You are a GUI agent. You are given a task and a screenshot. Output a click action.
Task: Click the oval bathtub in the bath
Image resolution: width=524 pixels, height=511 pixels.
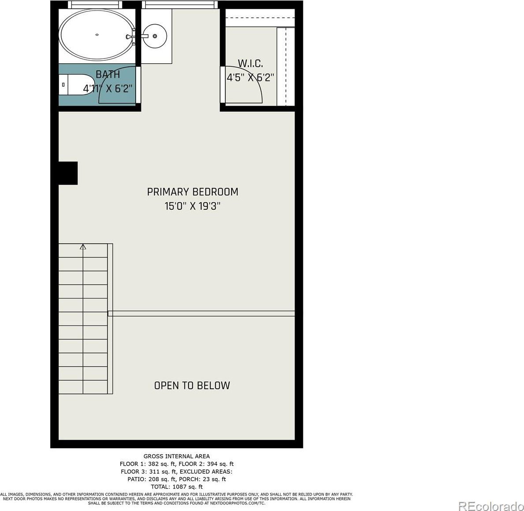coord(97,35)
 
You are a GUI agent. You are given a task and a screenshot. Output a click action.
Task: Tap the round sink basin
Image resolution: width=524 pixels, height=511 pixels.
coord(154,36)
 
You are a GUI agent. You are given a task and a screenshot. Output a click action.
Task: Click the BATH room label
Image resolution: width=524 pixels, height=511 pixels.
coord(107,74)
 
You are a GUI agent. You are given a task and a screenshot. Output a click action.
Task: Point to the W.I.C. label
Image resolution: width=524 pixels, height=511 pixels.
coord(250,63)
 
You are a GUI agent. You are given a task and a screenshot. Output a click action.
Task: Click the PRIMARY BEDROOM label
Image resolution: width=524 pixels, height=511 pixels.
coord(192,192)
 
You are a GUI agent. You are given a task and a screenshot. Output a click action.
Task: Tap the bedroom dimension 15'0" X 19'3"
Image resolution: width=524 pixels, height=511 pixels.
coord(192,206)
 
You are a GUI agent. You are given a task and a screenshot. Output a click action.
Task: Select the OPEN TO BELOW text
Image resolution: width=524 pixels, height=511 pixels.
coord(192,386)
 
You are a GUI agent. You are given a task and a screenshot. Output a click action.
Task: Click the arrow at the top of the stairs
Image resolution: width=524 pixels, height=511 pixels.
coord(83,247)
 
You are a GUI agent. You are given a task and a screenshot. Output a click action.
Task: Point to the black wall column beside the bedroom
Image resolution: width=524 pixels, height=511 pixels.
coord(68,173)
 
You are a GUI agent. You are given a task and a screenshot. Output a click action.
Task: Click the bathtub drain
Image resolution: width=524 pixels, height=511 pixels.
coord(97,34)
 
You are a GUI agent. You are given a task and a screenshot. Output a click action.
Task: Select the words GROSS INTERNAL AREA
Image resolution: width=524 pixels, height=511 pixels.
coord(177,456)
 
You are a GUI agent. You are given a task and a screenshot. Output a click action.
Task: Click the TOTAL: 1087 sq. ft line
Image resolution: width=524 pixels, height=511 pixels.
coord(177,487)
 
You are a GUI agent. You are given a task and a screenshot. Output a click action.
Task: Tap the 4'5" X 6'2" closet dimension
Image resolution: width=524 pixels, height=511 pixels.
coord(250,78)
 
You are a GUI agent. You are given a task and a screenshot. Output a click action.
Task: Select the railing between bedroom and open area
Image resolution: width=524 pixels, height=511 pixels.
coord(201,314)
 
